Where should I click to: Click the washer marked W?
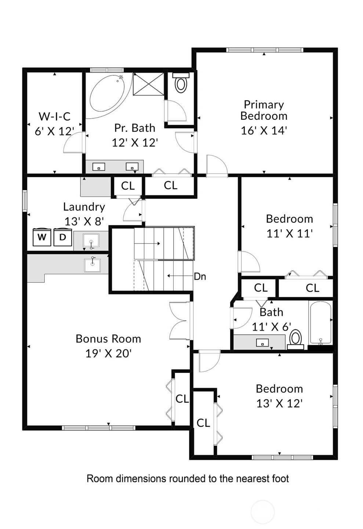(42, 237)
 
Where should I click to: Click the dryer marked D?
(62, 237)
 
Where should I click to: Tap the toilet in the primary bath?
(181, 83)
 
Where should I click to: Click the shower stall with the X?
(148, 84)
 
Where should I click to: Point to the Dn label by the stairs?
(200, 276)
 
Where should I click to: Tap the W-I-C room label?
(55, 116)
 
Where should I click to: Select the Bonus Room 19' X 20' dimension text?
(108, 353)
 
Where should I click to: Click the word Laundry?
(84, 207)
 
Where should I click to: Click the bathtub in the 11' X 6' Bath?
(320, 323)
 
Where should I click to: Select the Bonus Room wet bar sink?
(92, 265)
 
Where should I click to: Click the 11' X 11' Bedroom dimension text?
(290, 234)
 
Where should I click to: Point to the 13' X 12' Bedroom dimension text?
(279, 404)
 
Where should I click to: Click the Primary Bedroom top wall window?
(264, 50)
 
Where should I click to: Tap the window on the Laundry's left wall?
(25, 201)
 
